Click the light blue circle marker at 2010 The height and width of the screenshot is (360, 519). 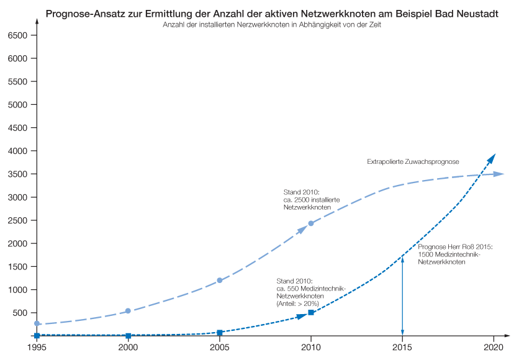coord(311,223)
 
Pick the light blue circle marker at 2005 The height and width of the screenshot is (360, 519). coord(220,281)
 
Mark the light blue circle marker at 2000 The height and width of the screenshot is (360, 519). coord(129,311)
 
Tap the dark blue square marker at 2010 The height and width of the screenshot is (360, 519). coord(311,312)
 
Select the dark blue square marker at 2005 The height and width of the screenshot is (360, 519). coord(220,333)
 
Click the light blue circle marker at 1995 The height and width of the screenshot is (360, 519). coord(37,323)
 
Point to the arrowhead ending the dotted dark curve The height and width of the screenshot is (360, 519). coord(491,158)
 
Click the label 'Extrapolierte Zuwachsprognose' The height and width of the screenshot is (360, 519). coord(413,162)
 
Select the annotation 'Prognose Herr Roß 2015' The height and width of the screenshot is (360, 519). coord(455,247)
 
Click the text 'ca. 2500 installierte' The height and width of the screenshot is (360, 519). coord(311,200)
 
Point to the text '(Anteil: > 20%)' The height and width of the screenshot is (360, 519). coord(297,304)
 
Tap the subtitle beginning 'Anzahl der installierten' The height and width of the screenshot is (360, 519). coord(272,25)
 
